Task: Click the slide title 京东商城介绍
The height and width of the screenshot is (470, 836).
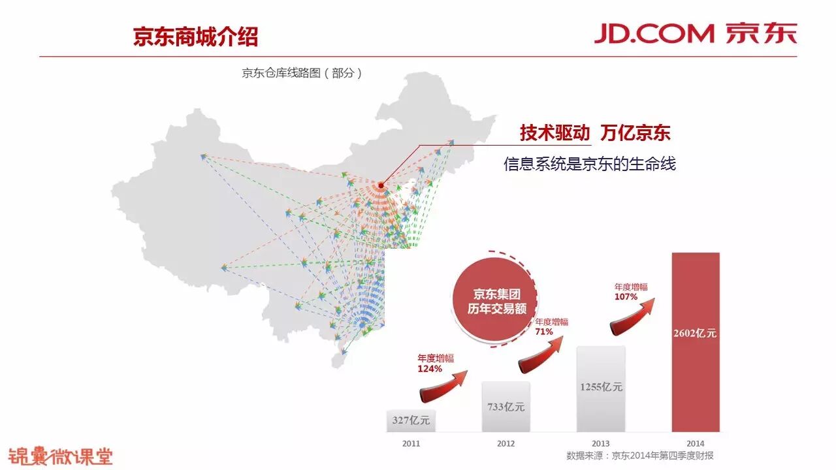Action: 195,37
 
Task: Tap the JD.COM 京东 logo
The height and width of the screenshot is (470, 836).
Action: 695,33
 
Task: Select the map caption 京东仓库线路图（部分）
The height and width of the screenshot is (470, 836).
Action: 302,73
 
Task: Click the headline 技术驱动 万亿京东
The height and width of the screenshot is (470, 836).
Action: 595,133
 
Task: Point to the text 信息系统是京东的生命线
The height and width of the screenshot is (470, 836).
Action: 589,164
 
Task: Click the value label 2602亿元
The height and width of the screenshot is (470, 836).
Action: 695,333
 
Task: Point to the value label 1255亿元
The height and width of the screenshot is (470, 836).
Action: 601,386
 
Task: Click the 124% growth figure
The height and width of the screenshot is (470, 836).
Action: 430,369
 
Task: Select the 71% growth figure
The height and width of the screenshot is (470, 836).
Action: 544,332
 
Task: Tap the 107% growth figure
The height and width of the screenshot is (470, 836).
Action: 626,297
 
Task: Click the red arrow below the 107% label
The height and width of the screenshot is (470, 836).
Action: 633,317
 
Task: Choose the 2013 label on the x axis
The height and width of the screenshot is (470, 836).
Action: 601,443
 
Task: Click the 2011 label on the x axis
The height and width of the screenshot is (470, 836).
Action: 411,443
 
